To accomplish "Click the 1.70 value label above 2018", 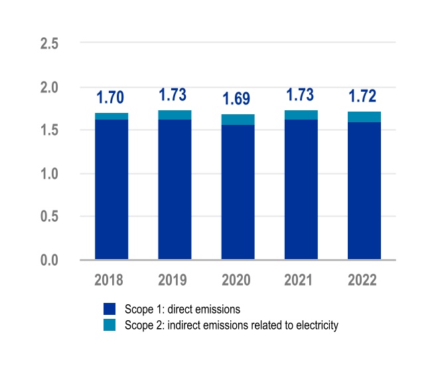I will [111, 98].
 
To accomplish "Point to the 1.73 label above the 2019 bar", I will [175, 95].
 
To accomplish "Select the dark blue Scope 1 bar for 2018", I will [111, 189].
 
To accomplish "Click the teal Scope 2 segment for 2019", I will [175, 115].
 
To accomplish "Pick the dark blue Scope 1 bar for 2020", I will [238, 193].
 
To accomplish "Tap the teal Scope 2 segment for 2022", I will [364, 117].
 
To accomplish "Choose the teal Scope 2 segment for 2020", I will [238, 120].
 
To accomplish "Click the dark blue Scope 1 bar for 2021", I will [301, 189].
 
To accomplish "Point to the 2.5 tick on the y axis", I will [50, 44].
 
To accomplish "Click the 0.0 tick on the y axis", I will [50, 260].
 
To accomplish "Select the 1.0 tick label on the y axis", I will [50, 173].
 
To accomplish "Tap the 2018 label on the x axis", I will [111, 280].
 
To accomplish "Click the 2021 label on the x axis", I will [301, 280].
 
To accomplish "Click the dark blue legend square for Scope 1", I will [110, 309].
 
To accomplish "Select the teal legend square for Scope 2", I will [110, 325].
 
